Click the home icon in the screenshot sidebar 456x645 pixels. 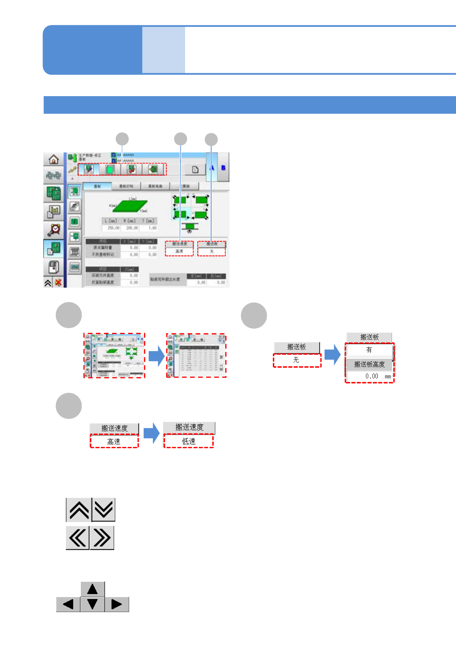pyautogui.click(x=53, y=159)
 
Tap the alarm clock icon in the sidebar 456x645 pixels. pyautogui.click(x=54, y=229)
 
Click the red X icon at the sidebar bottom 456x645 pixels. pyautogui.click(x=58, y=283)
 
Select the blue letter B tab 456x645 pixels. pyautogui.click(x=223, y=168)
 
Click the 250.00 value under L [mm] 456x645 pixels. pyautogui.click(x=113, y=228)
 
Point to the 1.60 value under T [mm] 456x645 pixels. pyautogui.click(x=152, y=228)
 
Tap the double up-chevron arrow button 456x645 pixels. pyautogui.click(x=79, y=510)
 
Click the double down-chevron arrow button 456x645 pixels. pyautogui.click(x=103, y=510)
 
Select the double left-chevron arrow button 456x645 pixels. pyautogui.click(x=77, y=538)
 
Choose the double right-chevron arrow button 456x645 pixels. pyautogui.click(x=102, y=538)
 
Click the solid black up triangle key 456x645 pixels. pyautogui.click(x=92, y=589)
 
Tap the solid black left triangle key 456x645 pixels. pyautogui.click(x=68, y=604)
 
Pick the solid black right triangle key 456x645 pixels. pyautogui.click(x=116, y=604)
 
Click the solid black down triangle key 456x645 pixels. pyautogui.click(x=92, y=604)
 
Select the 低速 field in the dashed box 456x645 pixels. pyautogui.click(x=189, y=441)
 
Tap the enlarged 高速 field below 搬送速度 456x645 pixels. pyautogui.click(x=114, y=442)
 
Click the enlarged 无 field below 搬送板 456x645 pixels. pyautogui.click(x=297, y=360)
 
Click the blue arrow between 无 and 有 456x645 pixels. pyautogui.click(x=332, y=354)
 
